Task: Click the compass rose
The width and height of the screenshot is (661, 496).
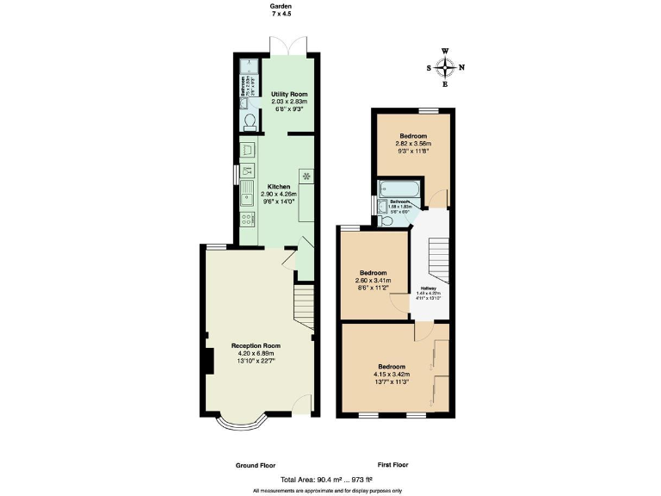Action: click(x=446, y=67)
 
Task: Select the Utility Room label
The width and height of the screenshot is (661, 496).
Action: click(x=289, y=94)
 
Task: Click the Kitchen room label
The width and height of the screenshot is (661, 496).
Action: click(x=279, y=187)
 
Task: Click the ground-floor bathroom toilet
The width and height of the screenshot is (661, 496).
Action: click(x=250, y=121)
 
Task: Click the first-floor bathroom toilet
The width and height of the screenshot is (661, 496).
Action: click(x=385, y=221)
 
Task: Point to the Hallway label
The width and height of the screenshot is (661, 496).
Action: click(x=428, y=288)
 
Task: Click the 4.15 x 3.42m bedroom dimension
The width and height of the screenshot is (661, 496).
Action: click(x=392, y=375)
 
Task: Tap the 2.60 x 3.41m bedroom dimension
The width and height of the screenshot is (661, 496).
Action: click(x=374, y=281)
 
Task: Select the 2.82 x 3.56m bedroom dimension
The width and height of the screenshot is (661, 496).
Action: click(x=412, y=143)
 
